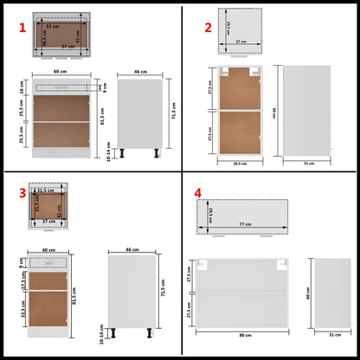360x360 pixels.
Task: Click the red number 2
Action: coord(207,28)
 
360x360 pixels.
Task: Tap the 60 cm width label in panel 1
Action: coord(60,72)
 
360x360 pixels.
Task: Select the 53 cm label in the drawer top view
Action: coord(55,27)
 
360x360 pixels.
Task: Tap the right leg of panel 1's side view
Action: coord(157,157)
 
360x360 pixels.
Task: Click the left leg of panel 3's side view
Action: coord(116,331)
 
